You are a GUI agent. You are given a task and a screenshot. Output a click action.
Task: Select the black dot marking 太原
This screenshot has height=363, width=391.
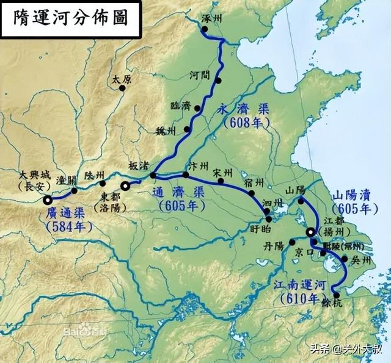tap(122, 88)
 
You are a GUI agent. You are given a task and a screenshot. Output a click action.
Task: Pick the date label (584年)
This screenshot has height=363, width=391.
tap(68, 227)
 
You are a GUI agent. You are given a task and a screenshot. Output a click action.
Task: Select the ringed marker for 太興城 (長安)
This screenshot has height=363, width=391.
tap(48, 199)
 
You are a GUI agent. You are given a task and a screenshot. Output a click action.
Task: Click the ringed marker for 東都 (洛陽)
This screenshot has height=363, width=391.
tap(125, 185)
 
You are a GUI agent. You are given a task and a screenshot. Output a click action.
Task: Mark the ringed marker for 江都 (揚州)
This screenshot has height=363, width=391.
tap(310, 232)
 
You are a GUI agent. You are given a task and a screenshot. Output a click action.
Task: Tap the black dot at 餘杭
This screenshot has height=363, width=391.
tap(336, 295)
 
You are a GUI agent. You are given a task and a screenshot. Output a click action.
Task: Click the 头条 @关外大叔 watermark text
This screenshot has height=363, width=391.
tap(348, 349)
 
